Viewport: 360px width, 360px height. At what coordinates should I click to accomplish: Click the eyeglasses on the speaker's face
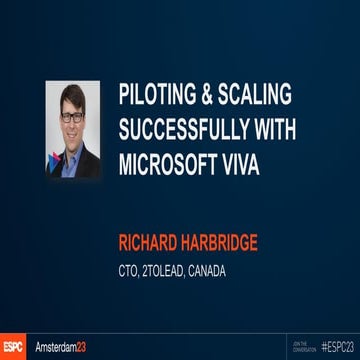click(x=72, y=116)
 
